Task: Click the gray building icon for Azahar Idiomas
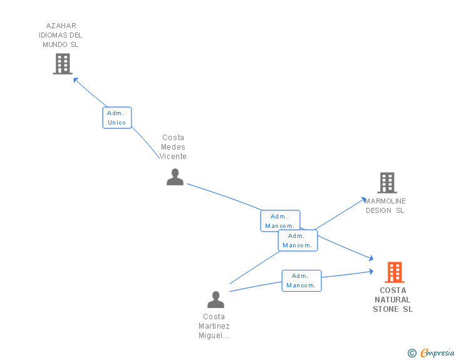(63, 64)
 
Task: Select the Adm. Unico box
(117, 118)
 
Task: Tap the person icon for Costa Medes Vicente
(175, 177)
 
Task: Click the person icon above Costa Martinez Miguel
(215, 299)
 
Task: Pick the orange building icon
(395, 272)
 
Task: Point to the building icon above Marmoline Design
(387, 183)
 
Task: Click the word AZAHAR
(61, 26)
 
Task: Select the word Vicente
(173, 157)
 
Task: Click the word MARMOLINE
(385, 201)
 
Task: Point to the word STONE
(386, 309)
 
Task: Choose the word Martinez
(214, 326)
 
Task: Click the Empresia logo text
(437, 352)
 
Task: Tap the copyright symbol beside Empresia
(412, 353)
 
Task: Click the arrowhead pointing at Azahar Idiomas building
(76, 80)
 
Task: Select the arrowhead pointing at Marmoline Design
(363, 200)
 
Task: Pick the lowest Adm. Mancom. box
(301, 280)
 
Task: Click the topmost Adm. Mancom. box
(281, 221)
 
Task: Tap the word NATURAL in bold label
(392, 299)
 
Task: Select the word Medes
(173, 147)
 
